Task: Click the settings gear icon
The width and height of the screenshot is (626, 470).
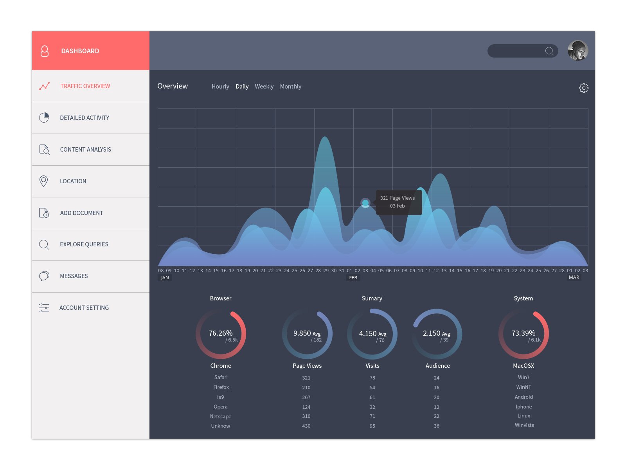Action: point(583,88)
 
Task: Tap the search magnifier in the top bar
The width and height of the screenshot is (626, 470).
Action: point(549,51)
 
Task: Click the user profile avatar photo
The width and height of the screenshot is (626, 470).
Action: point(577,51)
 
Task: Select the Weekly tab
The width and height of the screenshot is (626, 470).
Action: point(264,87)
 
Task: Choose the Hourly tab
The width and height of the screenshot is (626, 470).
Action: point(220,87)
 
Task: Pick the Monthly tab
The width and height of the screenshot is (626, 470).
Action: point(290,87)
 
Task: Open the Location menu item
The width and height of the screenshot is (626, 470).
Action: point(73,181)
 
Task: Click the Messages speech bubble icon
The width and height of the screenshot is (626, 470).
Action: point(44,276)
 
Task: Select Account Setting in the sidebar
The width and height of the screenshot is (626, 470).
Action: point(84,307)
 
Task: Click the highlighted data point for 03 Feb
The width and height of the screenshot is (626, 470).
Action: point(365,203)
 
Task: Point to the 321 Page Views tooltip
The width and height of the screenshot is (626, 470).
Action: point(398,202)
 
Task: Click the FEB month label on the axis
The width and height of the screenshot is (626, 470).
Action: point(353,278)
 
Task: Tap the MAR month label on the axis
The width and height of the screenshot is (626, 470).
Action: point(574,277)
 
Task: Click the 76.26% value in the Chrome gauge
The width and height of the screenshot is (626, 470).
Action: point(220,333)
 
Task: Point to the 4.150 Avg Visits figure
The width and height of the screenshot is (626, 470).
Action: point(372,334)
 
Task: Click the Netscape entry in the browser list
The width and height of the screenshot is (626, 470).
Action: point(220,416)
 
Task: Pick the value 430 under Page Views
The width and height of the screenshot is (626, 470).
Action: point(306,426)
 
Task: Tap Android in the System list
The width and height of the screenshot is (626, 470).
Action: point(523,397)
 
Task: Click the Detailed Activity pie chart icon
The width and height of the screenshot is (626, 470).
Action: point(44,117)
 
